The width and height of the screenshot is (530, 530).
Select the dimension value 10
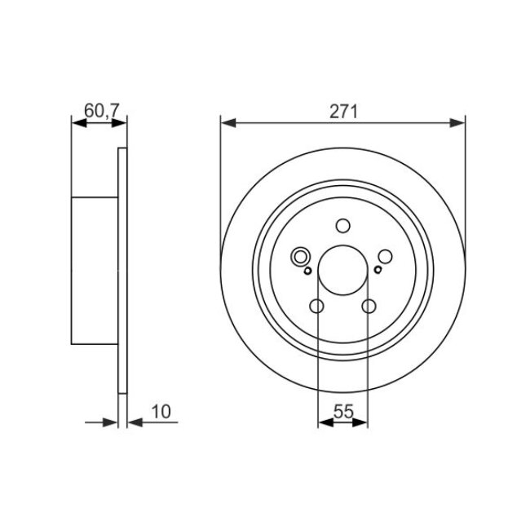pyautogui.click(x=161, y=411)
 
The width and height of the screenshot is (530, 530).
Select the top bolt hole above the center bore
pyautogui.click(x=342, y=227)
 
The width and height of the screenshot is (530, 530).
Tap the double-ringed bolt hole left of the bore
pyautogui.click(x=301, y=256)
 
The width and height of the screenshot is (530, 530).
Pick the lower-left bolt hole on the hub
pyautogui.click(x=317, y=306)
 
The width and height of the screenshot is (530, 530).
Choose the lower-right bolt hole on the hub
pyautogui.click(x=369, y=306)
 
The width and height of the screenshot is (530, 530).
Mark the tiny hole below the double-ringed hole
pyautogui.click(x=307, y=269)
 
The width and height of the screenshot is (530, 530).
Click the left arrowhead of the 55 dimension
pyautogui.click(x=323, y=422)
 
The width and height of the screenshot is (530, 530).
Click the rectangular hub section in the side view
pyautogui.click(x=95, y=269)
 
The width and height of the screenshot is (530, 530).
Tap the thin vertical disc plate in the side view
pyautogui.click(x=123, y=269)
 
